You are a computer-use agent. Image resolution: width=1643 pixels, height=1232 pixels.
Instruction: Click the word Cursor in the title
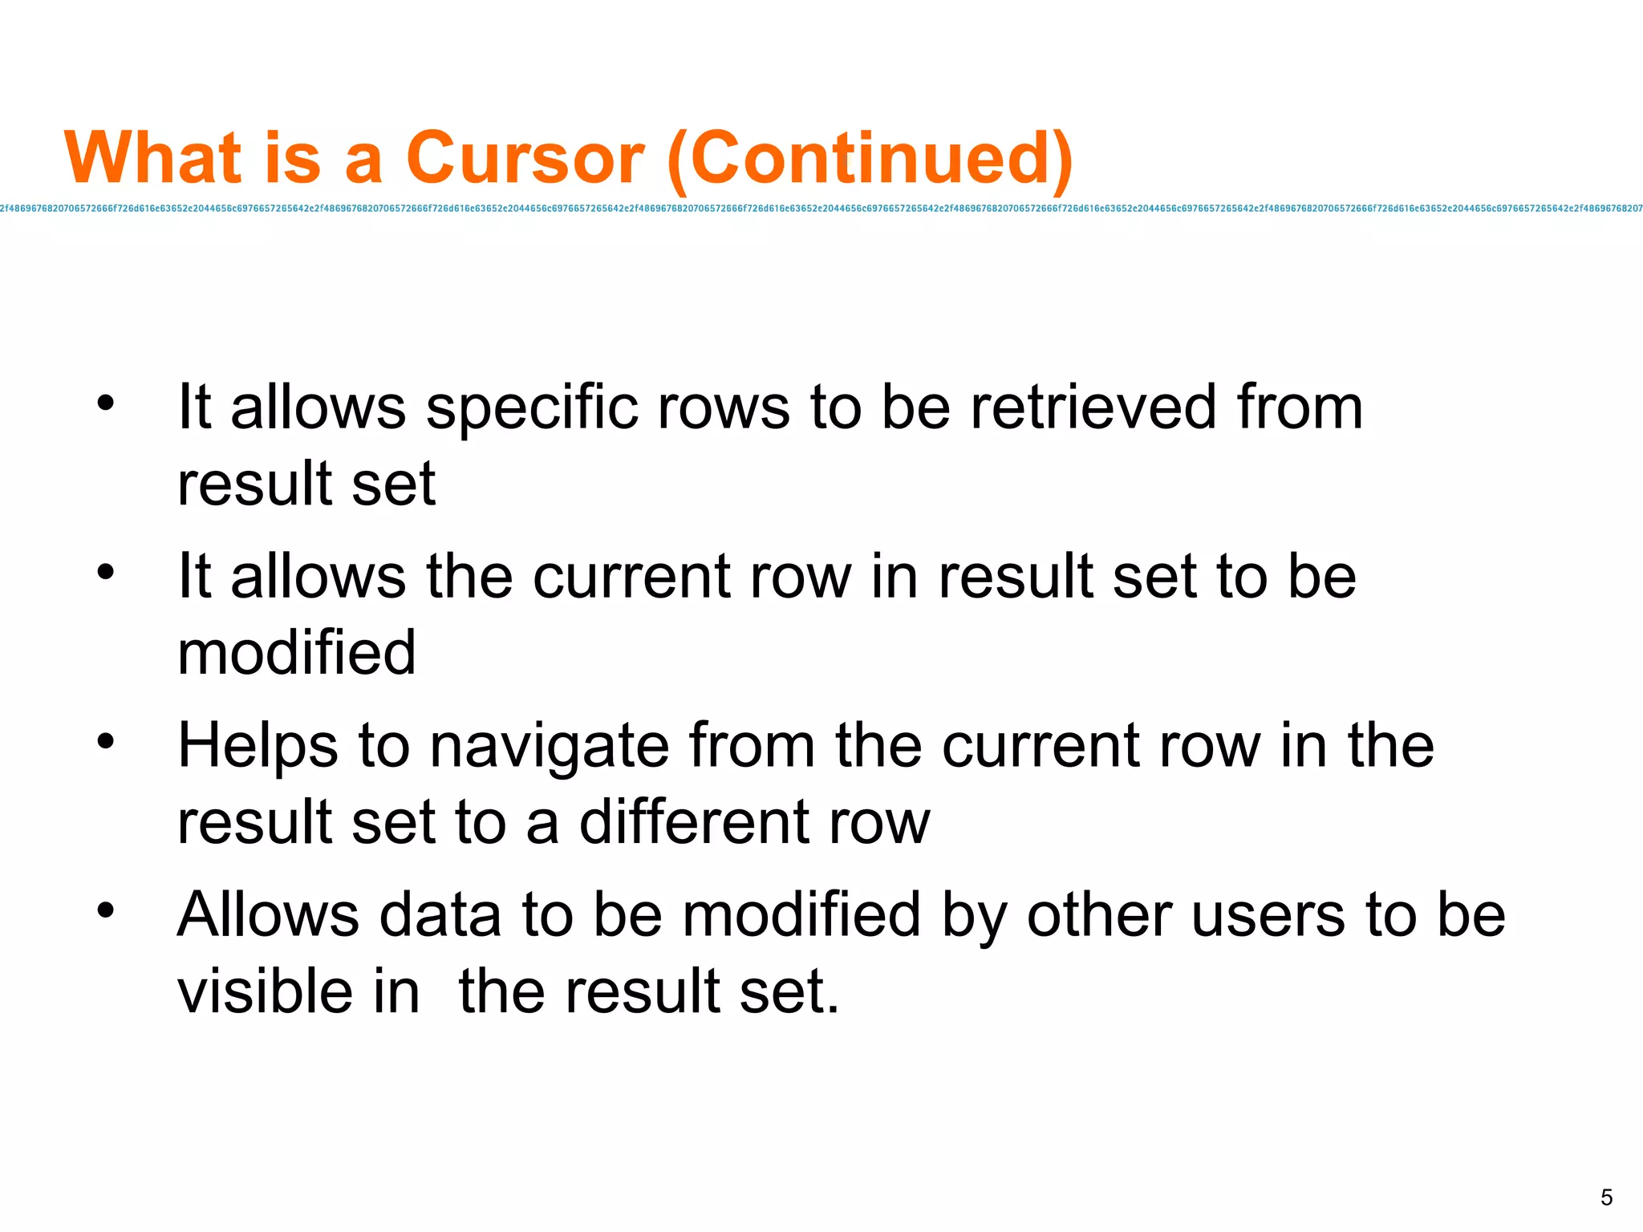coord(525,158)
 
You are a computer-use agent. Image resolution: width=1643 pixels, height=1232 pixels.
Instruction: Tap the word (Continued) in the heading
coord(870,158)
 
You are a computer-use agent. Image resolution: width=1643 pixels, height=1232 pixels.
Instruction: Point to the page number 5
coord(1606,1198)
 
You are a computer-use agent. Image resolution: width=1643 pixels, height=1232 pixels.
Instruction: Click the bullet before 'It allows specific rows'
coord(106,402)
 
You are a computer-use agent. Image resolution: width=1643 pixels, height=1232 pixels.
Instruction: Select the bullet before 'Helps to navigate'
coord(106,740)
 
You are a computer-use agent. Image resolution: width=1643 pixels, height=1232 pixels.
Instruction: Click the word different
coord(695,822)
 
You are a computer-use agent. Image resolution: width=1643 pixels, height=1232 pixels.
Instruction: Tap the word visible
coord(265,991)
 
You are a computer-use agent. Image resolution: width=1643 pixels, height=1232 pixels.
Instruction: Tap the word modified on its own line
coord(296,653)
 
